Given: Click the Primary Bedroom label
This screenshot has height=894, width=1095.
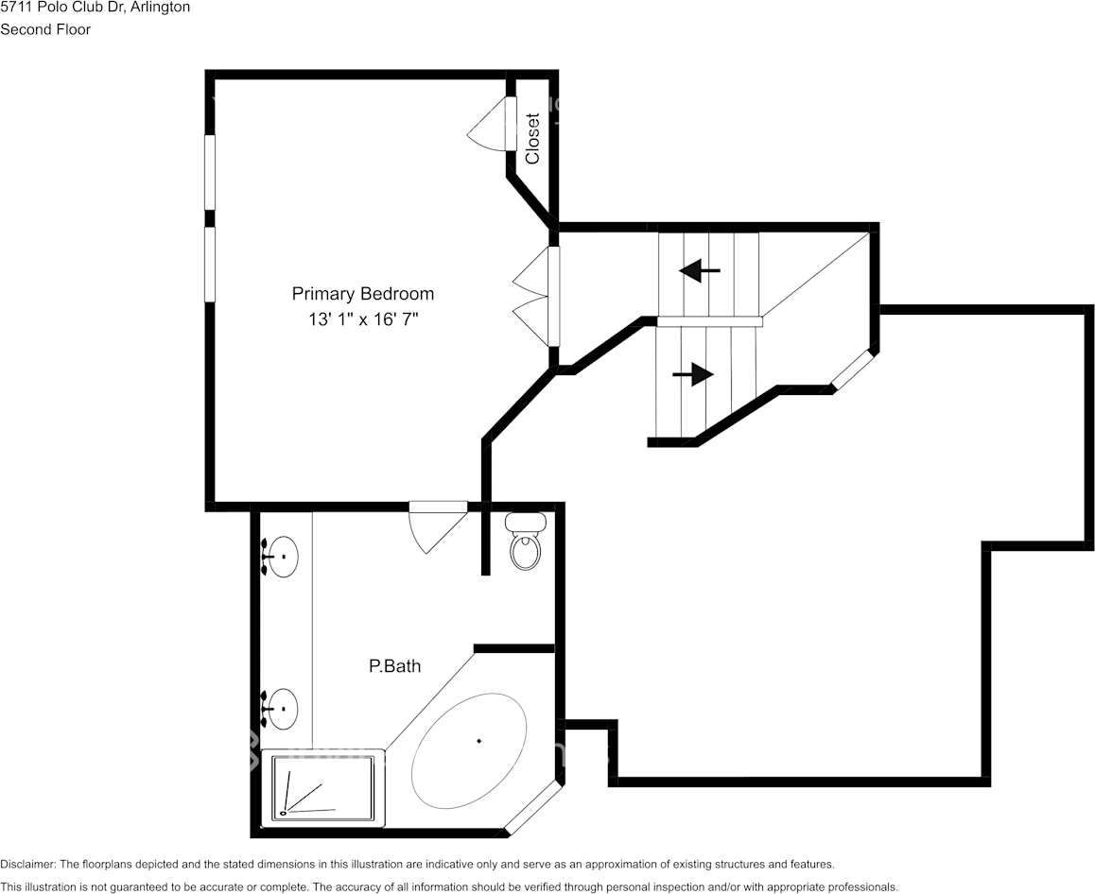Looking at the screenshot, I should [x=362, y=294].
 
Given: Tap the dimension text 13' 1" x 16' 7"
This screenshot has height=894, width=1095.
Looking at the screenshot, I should [x=362, y=319].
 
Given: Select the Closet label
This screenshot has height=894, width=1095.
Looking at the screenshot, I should [x=533, y=139].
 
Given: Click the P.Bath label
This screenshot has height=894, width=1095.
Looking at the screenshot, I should [x=394, y=666].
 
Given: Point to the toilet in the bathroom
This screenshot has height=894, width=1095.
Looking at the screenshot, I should [x=526, y=542].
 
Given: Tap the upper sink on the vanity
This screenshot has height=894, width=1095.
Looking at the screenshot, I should [x=281, y=557].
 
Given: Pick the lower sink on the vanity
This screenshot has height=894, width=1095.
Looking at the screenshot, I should [x=281, y=709].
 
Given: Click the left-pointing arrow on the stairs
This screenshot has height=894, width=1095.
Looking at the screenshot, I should [x=700, y=271].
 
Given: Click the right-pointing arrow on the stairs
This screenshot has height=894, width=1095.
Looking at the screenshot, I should [x=693, y=375].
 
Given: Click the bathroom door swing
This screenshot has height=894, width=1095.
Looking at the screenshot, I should [x=435, y=525].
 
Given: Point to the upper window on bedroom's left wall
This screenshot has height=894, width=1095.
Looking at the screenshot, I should [x=210, y=172].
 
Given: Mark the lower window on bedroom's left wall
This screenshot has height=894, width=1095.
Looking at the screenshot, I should [x=210, y=264].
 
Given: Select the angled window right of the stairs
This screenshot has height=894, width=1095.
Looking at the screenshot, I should [x=855, y=370].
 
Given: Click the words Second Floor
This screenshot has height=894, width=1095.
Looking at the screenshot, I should [x=45, y=29].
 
